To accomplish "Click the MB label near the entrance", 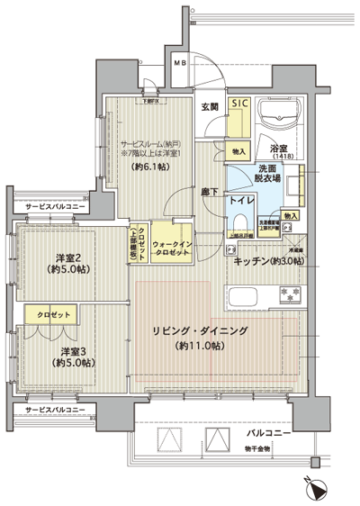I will click(x=179, y=63).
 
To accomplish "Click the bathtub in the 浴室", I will click(x=282, y=115).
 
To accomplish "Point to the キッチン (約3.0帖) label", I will click(x=268, y=261).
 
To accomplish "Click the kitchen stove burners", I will click(x=292, y=294).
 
